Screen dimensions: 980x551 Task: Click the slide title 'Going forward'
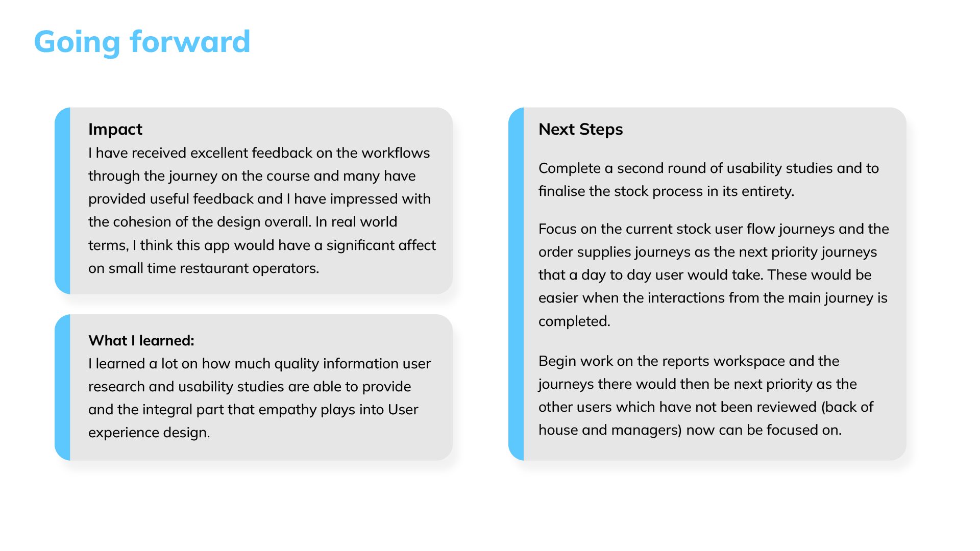[142, 42]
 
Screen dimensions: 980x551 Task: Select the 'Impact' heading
[115, 130]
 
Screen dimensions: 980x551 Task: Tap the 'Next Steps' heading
[580, 130]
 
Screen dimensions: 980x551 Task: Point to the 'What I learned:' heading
[141, 340]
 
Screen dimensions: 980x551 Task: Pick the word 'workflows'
[396, 153]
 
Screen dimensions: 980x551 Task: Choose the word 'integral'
[168, 410]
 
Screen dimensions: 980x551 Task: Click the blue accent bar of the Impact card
[62, 201]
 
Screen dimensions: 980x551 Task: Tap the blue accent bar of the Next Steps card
[516, 284]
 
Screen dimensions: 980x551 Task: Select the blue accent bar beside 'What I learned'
[62, 387]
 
